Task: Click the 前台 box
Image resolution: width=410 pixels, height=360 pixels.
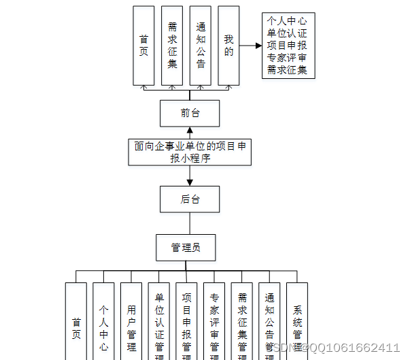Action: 190,113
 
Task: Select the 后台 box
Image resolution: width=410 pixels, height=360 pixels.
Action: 190,199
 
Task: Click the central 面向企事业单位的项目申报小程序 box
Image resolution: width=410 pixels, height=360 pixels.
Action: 190,152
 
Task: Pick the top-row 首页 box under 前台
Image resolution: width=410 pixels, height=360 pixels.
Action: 143,46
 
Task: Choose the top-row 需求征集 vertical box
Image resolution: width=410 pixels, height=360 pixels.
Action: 172,46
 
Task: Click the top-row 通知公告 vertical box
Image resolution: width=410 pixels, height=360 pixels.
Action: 200,46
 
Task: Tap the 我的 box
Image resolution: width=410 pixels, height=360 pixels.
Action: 228,46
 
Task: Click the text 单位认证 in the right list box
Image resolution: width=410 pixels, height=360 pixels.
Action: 288,33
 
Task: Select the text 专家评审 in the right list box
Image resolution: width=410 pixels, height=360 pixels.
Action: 288,57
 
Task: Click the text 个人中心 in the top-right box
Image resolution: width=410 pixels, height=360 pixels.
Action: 288,20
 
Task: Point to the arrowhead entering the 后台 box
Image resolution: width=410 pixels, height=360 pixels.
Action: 190,182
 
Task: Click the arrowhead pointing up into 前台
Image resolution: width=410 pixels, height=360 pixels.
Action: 190,131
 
